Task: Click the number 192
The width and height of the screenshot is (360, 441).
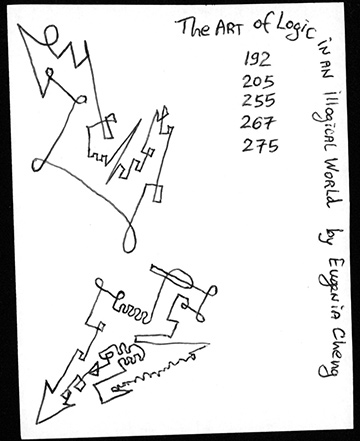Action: click(257, 59)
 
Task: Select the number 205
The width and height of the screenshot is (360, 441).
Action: click(258, 81)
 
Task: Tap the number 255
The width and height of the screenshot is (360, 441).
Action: click(259, 100)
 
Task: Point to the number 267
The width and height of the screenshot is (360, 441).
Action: click(258, 122)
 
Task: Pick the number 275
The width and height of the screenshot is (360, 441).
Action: click(260, 146)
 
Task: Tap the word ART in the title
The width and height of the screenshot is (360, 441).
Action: click(228, 28)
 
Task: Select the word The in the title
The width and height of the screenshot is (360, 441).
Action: click(194, 27)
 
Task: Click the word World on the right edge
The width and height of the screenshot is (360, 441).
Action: click(330, 182)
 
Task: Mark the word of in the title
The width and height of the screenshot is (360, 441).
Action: click(262, 24)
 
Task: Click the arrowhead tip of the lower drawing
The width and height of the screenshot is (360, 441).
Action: click(37, 423)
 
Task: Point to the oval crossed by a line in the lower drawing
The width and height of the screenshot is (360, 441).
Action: click(178, 278)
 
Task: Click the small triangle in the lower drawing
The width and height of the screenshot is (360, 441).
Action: click(95, 370)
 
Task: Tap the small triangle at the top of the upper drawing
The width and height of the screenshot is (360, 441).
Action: click(163, 112)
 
